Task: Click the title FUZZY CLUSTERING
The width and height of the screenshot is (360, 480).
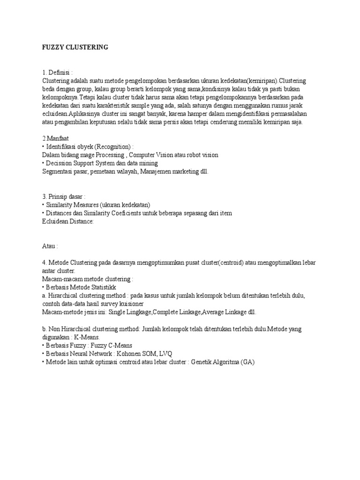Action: click(x=75, y=47)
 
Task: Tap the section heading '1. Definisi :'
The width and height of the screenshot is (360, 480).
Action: click(x=58, y=73)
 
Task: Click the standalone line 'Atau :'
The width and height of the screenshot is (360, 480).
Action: click(x=50, y=246)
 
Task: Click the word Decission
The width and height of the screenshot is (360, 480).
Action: click(x=60, y=163)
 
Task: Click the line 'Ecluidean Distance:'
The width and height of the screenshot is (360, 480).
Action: click(x=68, y=221)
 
